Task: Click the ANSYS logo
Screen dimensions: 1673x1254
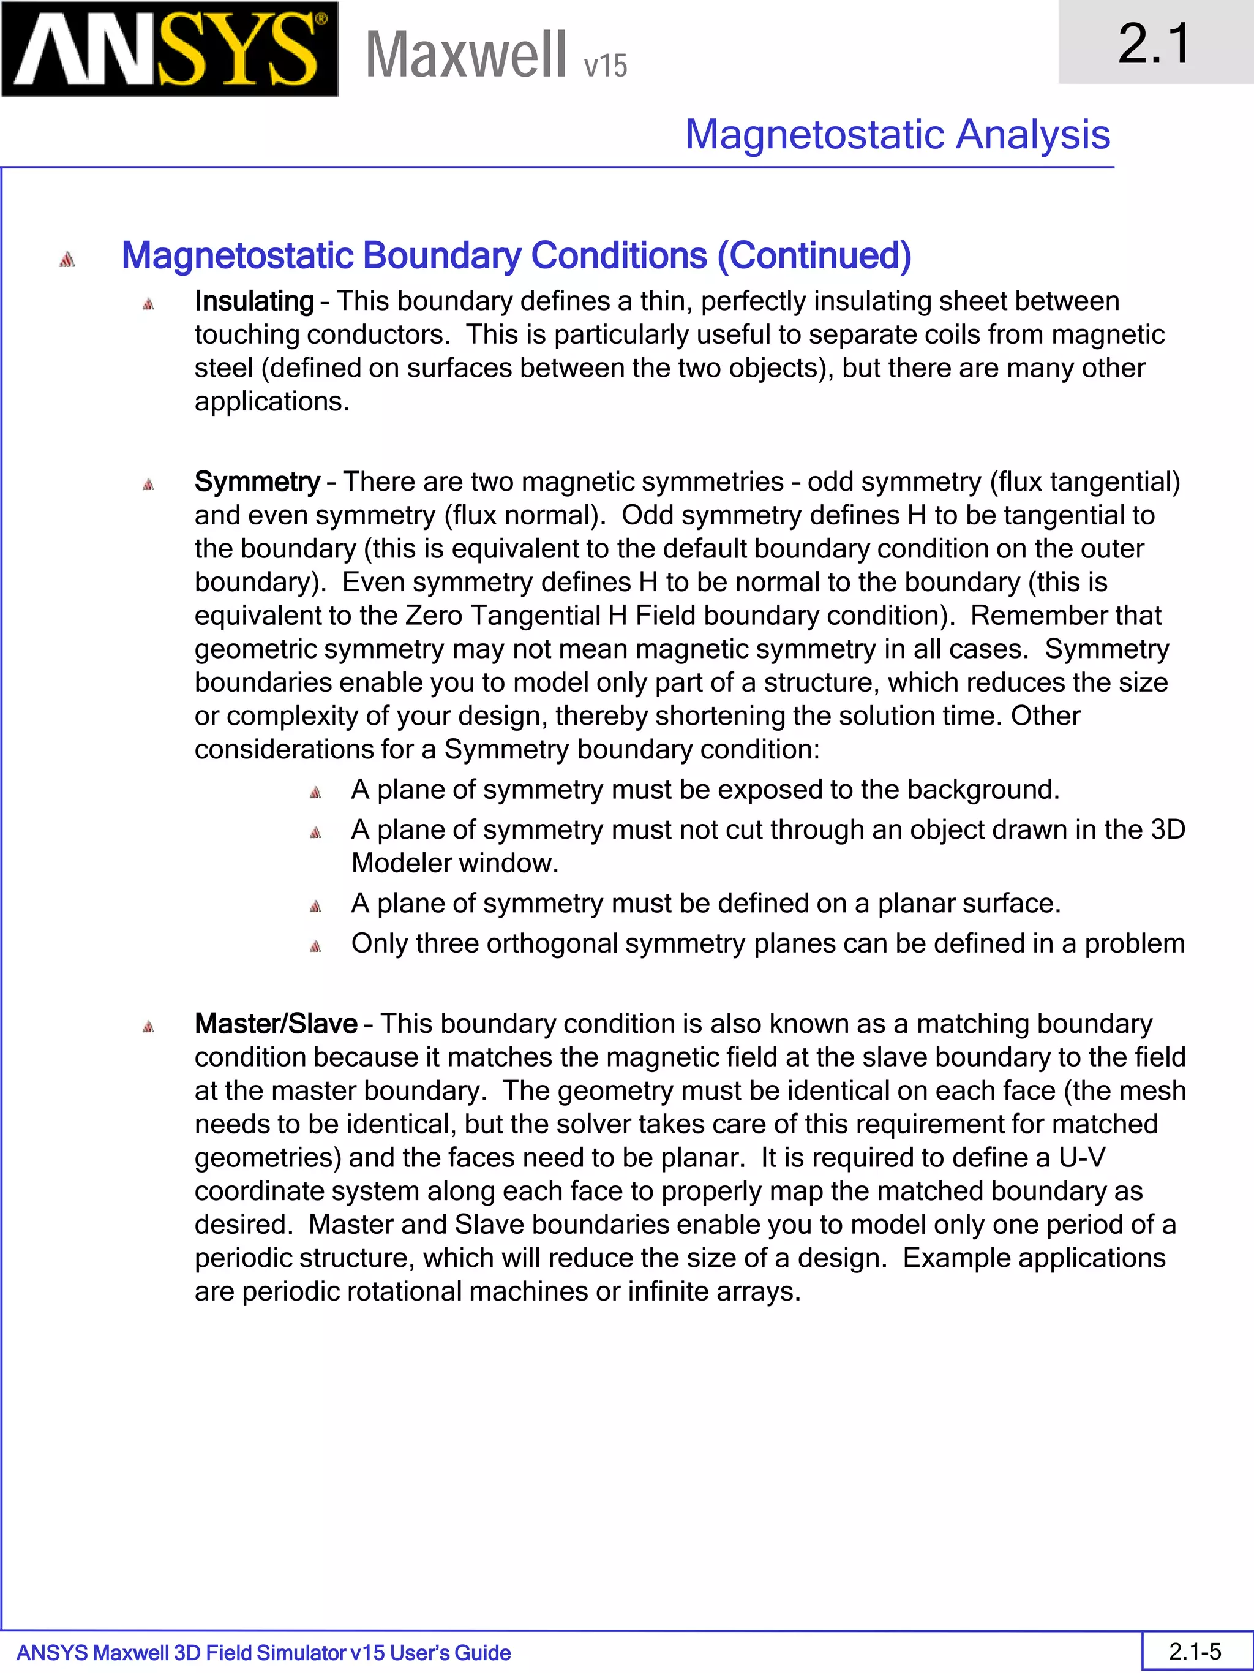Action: (x=170, y=49)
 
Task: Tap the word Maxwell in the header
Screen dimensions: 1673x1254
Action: (x=465, y=55)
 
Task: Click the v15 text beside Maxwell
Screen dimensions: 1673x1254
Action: (x=605, y=66)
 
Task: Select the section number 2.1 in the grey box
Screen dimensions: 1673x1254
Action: (x=1154, y=43)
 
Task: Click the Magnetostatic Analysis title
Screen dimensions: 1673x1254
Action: (x=897, y=135)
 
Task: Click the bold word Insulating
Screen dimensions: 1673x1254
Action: (x=254, y=301)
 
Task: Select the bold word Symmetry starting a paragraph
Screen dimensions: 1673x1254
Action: (x=257, y=482)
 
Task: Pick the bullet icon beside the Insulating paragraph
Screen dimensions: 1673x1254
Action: (x=149, y=304)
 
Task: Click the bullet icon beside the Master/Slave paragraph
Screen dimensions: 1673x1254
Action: (x=149, y=1026)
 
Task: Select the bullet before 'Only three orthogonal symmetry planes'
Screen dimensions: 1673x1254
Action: (x=316, y=946)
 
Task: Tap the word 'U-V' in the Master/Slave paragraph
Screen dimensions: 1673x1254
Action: (x=1082, y=1157)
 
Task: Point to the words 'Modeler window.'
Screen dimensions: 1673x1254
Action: (x=454, y=863)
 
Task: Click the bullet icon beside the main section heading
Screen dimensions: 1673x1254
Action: (x=67, y=259)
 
